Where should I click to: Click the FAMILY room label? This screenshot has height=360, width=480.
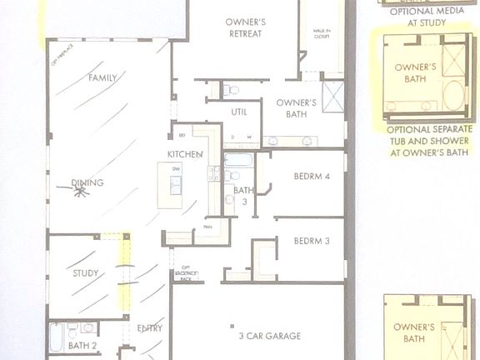102,77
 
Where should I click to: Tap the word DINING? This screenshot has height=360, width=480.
87,183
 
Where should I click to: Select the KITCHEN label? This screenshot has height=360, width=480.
184,154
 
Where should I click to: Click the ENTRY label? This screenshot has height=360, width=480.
150,328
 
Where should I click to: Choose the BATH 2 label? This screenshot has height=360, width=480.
82,345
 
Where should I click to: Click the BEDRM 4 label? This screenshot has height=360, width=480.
312,176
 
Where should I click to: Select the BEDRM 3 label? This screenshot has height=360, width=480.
312,242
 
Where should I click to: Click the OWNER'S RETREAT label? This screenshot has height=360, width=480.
244,27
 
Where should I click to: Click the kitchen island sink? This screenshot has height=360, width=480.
176,184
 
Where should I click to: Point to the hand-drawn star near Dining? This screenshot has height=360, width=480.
80,192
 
